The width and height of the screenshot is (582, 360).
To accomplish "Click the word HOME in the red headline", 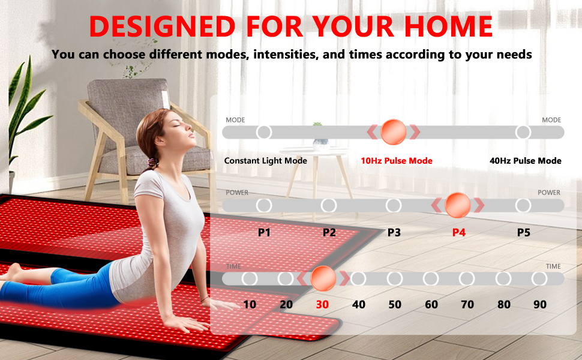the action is pos(448,26).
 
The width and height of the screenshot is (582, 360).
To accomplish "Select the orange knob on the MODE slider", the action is pos(394,132).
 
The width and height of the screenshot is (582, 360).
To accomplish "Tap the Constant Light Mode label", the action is pos(265,161).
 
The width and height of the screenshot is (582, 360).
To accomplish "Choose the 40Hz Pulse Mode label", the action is pos(525,161).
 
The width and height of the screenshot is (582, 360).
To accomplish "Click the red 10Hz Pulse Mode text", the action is pos(397,161).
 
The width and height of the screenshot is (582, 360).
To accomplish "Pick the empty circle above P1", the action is pos(264,205).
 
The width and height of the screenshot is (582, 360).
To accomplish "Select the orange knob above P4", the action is pos(458,205).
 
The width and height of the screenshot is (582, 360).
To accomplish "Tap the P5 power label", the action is pos(523,233).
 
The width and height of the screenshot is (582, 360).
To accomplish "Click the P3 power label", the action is pos(394,233).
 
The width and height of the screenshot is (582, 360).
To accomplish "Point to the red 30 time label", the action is pos(322,305).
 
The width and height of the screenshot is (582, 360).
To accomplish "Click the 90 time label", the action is pos(539,305).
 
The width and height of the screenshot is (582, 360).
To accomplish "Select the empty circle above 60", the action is pos(431,278).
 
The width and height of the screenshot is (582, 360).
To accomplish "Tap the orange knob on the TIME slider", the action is pos(323,278).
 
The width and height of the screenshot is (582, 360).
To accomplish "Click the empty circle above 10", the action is pos(250,278).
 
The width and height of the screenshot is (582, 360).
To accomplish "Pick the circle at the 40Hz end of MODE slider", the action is pos(523,132).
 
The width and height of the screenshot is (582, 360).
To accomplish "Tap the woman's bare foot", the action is pos(12,272).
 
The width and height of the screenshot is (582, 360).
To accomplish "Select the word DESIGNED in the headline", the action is pos(162,26).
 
